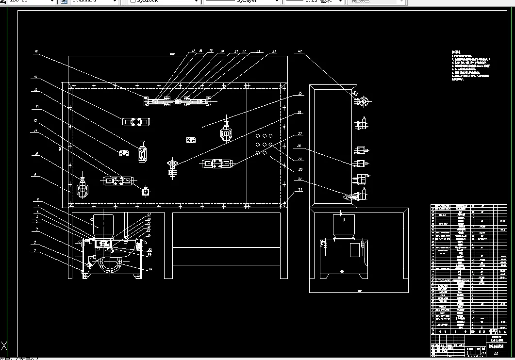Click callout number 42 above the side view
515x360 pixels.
(x=299, y=51)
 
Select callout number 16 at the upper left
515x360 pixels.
(x=35, y=51)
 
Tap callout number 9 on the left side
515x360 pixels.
(x=35, y=174)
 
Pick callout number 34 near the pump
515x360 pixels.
(x=150, y=269)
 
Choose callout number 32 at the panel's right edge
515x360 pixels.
(x=300, y=190)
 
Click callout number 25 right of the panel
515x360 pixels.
(x=300, y=93)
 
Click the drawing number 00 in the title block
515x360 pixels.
(x=495, y=355)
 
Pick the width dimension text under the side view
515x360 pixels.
(x=359, y=292)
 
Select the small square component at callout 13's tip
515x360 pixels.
(x=124, y=153)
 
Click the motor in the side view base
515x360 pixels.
(x=343, y=226)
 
